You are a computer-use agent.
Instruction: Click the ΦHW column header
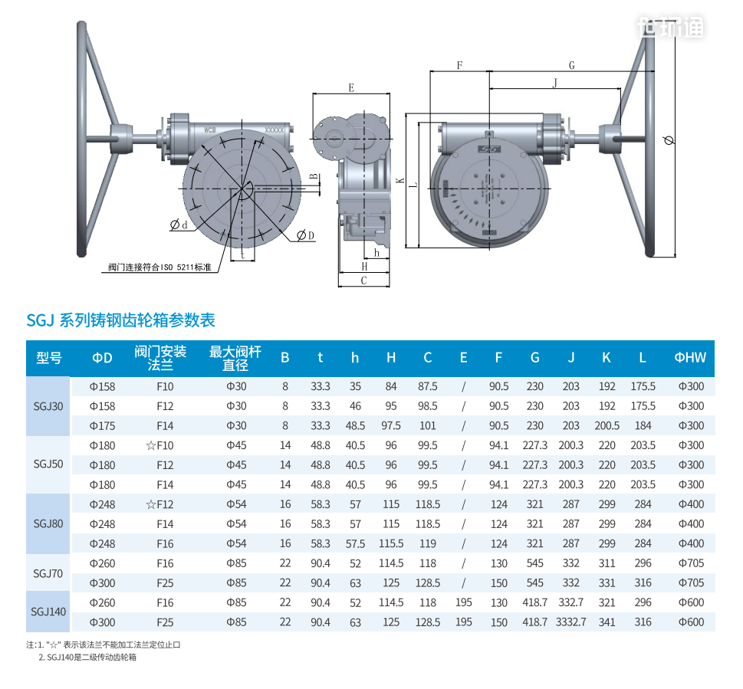[690, 357]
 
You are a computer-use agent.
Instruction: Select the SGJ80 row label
[48, 523]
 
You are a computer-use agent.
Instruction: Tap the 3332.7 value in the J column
[571, 622]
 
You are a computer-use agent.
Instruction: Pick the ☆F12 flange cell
[159, 504]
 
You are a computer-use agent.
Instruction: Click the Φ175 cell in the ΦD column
[102, 425]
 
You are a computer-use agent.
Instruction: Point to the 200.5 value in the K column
[607, 425]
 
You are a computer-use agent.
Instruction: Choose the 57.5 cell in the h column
[355, 543]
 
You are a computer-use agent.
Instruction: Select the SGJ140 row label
[48, 612]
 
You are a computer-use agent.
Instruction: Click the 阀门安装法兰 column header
[160, 358]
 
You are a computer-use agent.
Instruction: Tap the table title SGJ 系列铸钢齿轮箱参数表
[121, 320]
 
